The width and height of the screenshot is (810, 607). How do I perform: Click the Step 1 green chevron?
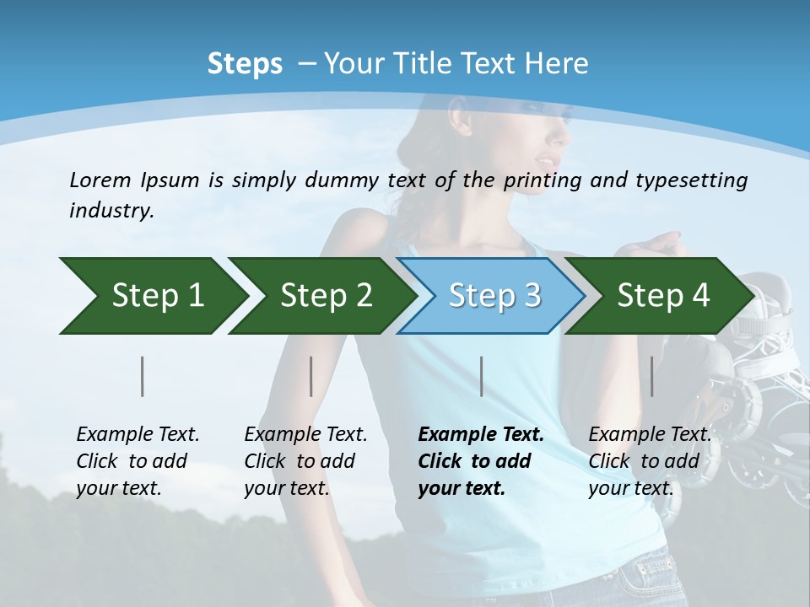coord(152,296)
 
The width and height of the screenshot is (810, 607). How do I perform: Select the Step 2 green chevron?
coord(321,296)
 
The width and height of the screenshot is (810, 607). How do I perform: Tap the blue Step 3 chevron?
coord(491,296)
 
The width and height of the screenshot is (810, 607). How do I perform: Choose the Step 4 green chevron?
coord(660,296)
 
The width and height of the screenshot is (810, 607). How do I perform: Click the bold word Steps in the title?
coord(245,64)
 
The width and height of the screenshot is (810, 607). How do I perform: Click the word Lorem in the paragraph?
coord(100,180)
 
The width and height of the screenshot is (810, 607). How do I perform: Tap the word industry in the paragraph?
coord(111,210)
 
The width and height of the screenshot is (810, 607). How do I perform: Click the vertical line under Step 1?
coord(143,376)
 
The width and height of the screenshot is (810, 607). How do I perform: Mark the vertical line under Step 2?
coord(311,376)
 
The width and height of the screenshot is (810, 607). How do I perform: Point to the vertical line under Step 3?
coord(481,376)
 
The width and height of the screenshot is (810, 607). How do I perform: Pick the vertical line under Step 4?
coord(651,376)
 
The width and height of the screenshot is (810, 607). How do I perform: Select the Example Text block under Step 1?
coord(137,461)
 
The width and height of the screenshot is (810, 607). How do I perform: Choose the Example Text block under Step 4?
coord(649,461)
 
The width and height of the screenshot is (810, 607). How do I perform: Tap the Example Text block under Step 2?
coord(305,461)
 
